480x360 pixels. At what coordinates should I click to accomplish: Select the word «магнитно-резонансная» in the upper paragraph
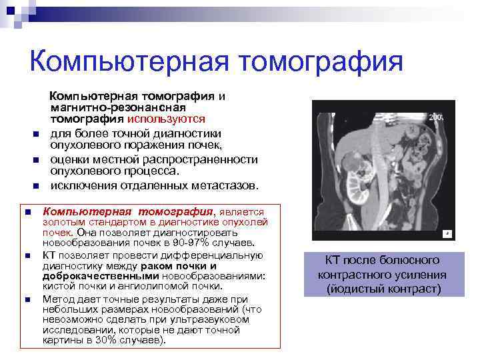[x=119, y=107]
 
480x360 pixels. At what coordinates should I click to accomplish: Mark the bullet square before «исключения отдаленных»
[x=36, y=185]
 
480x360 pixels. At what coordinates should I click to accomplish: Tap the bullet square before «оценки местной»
[x=36, y=159]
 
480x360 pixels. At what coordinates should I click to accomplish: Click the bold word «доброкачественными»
[x=93, y=275]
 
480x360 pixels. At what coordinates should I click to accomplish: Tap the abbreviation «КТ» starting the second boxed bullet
[x=50, y=255]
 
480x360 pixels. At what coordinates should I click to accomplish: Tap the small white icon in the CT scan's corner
[x=447, y=234]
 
